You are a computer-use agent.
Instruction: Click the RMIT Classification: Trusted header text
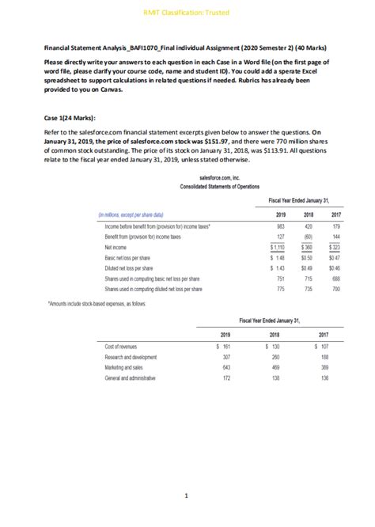click(x=187, y=11)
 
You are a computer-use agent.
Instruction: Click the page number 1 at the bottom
click(x=187, y=497)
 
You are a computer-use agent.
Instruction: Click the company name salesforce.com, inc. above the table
click(x=209, y=180)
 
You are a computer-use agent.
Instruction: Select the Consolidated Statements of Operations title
click(x=209, y=188)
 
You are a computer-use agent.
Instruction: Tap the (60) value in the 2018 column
click(x=308, y=237)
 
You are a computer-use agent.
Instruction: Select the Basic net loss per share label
click(x=131, y=258)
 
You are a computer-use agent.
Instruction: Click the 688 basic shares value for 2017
click(x=335, y=279)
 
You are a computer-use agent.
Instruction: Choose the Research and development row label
click(x=135, y=357)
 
